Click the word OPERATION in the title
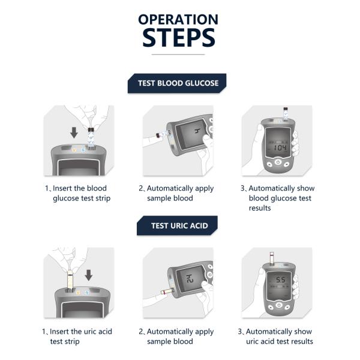point(178,19)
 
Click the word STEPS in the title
point(179,37)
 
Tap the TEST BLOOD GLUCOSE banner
point(177,83)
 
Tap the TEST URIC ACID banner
point(177,226)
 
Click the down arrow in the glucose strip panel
point(74,133)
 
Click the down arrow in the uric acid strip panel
point(89,275)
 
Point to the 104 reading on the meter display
point(280,148)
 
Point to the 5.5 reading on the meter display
point(281,280)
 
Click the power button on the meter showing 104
point(278,162)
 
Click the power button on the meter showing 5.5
point(279,305)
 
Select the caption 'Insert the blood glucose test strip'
point(77,193)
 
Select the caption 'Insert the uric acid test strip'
point(77,337)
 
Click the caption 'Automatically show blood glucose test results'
point(278,198)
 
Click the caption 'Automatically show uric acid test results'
point(275,337)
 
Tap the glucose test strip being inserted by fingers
point(91,139)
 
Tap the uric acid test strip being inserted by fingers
point(70,281)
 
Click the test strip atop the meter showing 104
point(286,114)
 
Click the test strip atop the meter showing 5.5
point(272,259)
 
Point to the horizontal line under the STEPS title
point(178,55)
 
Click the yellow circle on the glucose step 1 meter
point(74,150)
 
